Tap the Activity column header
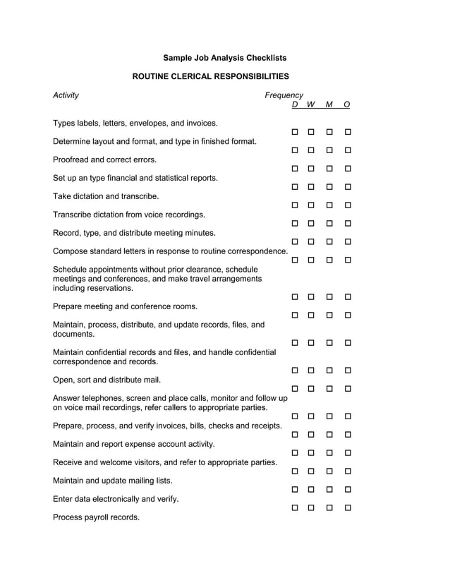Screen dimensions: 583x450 pos(66,95)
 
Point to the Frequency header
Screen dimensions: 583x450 pos(284,95)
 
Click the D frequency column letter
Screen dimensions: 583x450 pos(294,105)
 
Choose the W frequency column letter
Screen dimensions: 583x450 pos(311,105)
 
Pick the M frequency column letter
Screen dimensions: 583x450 pos(329,105)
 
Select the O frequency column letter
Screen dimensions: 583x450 pos(347,105)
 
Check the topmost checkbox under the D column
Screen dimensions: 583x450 pos(294,132)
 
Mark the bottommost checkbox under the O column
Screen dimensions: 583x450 pos(348,507)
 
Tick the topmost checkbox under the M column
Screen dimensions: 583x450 pos(329,132)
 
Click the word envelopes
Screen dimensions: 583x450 pos(147,123)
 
